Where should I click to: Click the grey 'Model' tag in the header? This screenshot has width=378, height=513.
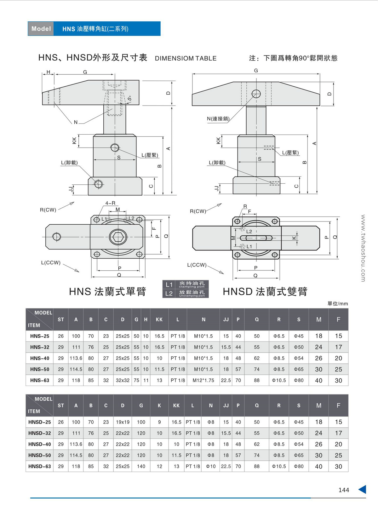(x=41, y=29)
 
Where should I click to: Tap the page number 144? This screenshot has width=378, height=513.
(x=344, y=490)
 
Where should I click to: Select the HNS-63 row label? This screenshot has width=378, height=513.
(x=40, y=380)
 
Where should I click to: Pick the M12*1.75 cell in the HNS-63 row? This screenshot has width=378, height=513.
(x=203, y=380)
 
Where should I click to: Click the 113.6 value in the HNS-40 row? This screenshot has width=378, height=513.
(x=76, y=358)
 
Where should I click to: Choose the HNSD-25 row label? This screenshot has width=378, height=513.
(x=40, y=422)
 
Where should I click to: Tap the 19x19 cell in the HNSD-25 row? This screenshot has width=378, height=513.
(x=123, y=422)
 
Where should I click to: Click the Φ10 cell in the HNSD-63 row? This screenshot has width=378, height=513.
(x=211, y=466)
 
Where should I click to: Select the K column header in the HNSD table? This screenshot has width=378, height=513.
(x=159, y=406)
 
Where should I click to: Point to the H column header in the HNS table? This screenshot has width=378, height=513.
(x=146, y=320)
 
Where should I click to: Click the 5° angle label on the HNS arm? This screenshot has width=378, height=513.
(x=129, y=99)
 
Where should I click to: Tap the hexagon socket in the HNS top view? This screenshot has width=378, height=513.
(x=118, y=237)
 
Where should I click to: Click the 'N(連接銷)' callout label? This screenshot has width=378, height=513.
(x=218, y=118)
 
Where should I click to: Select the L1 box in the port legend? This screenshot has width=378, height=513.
(x=169, y=285)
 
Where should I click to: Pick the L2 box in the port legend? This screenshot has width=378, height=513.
(x=169, y=294)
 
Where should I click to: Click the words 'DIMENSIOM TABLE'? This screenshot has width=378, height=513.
(x=186, y=58)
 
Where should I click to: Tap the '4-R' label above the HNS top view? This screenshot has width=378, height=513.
(x=110, y=203)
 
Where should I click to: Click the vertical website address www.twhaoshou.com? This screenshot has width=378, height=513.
(x=363, y=248)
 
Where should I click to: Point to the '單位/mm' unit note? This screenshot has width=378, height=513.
(x=337, y=304)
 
